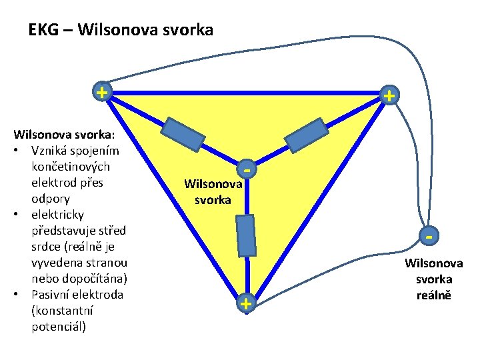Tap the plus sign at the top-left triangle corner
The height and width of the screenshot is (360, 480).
point(101,91)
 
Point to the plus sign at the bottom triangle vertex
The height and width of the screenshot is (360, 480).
point(246,304)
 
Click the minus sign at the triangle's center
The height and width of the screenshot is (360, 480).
point(247,170)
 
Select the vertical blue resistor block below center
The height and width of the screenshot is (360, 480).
point(247,235)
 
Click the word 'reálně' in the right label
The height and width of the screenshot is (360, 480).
point(434,295)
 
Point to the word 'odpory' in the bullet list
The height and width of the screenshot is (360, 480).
point(50,199)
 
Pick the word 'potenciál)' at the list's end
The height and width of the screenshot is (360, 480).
point(59,327)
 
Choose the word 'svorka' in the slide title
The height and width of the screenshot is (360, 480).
point(186,30)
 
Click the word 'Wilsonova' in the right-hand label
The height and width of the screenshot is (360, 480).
point(434,263)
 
